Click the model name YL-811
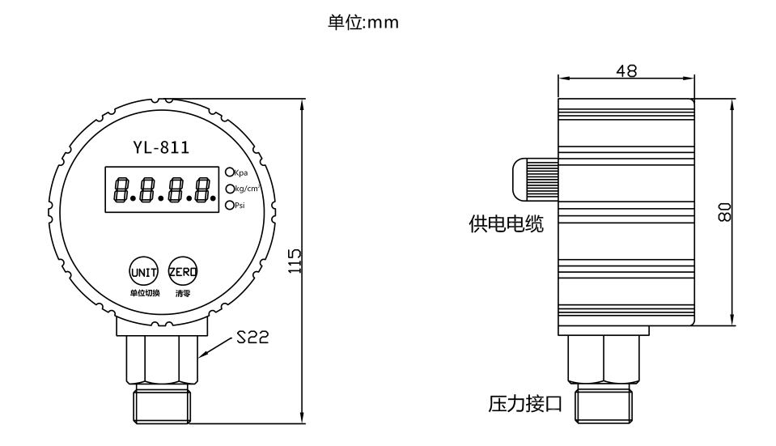tap(162, 147)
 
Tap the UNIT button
tap(142, 272)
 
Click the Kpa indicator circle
tap(229, 172)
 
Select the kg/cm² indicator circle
tap(229, 189)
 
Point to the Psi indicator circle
tap(229, 206)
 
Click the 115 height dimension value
tap(295, 262)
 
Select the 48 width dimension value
tap(625, 70)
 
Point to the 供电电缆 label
tap(507, 224)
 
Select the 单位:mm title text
tap(363, 23)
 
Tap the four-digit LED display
tap(162, 190)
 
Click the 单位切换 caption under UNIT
tap(143, 293)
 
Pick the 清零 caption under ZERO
tap(182, 293)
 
